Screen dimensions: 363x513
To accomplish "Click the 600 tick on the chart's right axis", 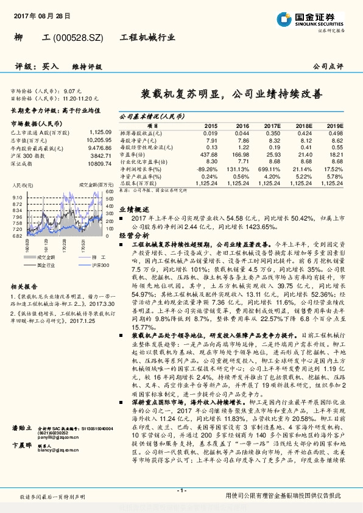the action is point(108,192).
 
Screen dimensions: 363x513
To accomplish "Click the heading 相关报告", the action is point(24,286).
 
